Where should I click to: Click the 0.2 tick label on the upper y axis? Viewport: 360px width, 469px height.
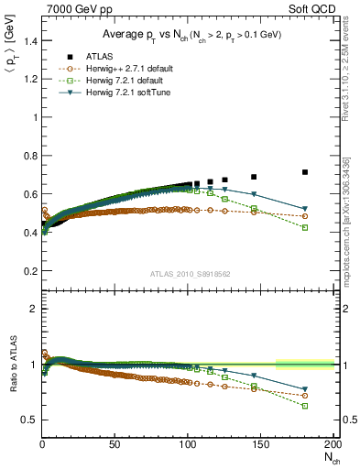[x=28, y=271]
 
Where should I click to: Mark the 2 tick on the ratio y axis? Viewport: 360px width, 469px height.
[x=32, y=309]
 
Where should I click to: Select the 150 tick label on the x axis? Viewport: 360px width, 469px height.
[x=261, y=444]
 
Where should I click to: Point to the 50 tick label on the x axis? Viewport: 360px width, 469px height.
[x=115, y=444]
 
